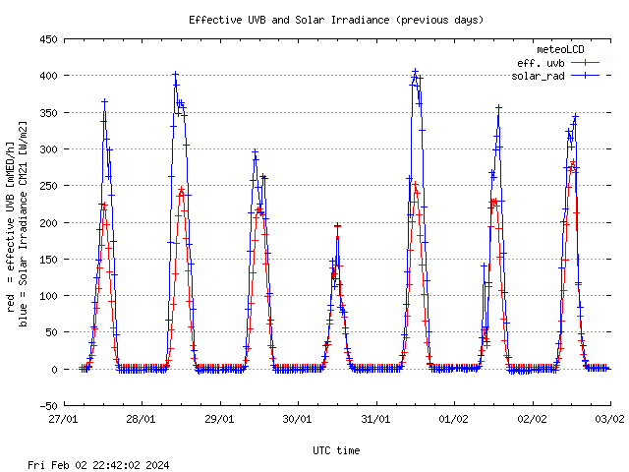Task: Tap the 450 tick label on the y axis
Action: click(47, 39)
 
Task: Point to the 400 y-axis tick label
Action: click(47, 76)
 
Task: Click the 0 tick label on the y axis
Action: click(54, 369)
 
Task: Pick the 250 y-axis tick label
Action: click(47, 186)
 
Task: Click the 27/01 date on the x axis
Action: click(64, 417)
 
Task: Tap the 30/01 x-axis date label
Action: click(298, 417)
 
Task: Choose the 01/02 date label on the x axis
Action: click(454, 417)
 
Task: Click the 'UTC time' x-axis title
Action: click(336, 450)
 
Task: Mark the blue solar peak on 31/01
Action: click(415, 71)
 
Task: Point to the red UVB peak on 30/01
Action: click(337, 226)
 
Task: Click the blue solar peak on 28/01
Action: click(175, 74)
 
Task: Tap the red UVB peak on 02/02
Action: click(572, 162)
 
